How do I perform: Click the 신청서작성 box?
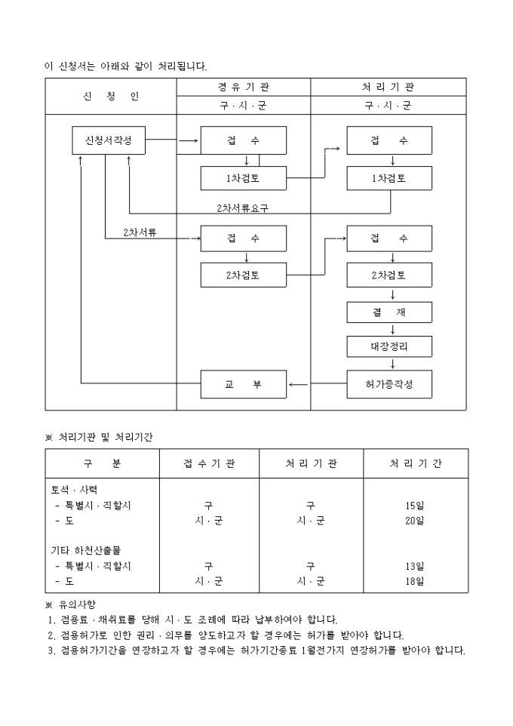click(109, 140)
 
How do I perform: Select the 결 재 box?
click(389, 312)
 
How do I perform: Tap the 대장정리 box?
click(389, 347)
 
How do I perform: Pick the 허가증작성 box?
click(389, 384)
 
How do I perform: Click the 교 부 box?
click(243, 384)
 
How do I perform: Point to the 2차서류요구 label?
click(242, 208)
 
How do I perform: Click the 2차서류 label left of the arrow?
click(140, 233)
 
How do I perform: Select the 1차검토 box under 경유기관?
click(243, 178)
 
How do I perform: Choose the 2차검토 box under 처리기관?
click(389, 275)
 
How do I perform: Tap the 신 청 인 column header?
click(111, 97)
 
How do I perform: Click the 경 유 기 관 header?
click(243, 87)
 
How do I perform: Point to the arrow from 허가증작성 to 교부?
click(299, 384)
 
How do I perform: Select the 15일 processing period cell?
click(414, 506)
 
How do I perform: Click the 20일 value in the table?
click(414, 521)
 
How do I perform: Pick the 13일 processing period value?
click(414, 566)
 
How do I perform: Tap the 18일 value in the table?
click(414, 581)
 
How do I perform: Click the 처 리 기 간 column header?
click(415, 463)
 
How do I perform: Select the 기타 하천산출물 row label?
click(84, 550)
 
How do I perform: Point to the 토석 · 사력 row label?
click(73, 490)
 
